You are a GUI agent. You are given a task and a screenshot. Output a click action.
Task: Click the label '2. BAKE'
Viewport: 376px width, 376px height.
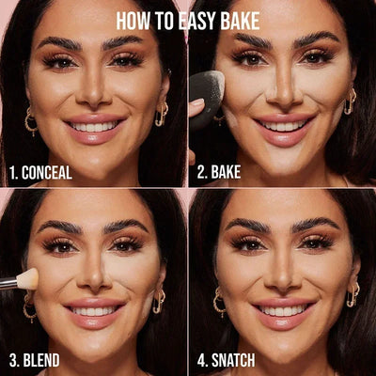227,172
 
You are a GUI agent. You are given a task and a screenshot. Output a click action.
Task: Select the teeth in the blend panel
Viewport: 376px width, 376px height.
94,311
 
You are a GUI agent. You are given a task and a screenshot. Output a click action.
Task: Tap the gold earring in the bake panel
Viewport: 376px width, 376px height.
350,101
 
